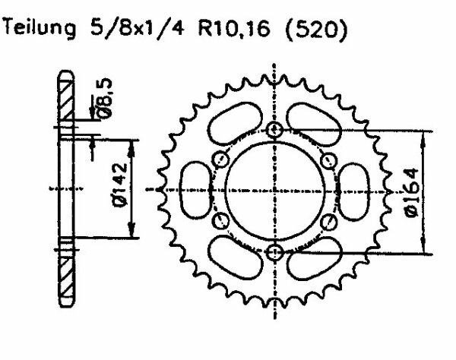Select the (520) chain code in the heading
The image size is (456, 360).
coord(317,29)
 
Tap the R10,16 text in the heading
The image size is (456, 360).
coord(234,28)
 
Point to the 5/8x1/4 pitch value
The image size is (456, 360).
coord(138,28)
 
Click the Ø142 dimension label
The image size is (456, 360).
coord(120,185)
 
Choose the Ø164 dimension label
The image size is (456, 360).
coord(413,193)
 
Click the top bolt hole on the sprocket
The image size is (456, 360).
coord(275,130)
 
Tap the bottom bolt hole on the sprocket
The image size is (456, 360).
coord(275,252)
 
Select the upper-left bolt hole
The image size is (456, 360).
coord(220,159)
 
